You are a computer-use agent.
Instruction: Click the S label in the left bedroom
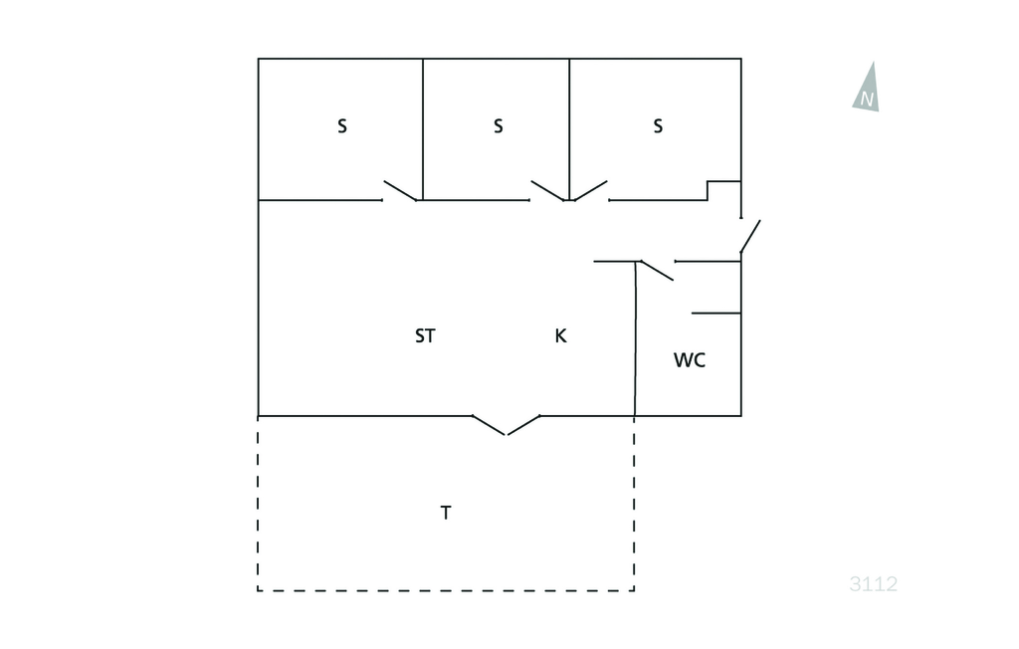(x=342, y=126)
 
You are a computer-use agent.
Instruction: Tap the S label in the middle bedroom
(x=499, y=126)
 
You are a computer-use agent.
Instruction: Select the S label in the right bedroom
(x=659, y=126)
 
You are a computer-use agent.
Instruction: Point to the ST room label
(x=425, y=336)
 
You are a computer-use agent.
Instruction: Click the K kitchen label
(x=561, y=336)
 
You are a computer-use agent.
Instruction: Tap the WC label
(x=690, y=360)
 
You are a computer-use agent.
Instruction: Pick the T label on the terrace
(x=446, y=513)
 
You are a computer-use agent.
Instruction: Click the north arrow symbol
(x=867, y=88)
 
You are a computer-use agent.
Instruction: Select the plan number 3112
(x=874, y=584)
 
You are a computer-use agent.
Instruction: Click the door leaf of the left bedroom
(x=400, y=191)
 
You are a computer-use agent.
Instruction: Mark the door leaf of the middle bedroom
(x=548, y=191)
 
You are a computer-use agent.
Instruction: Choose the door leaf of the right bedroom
(x=590, y=191)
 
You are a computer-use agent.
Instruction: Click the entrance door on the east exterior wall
(x=750, y=236)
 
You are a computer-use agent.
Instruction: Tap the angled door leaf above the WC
(x=657, y=271)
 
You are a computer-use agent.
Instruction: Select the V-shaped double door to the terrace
(x=507, y=425)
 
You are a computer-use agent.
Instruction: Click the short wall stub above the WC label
(x=716, y=314)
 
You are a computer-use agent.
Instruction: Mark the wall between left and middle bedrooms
(x=423, y=129)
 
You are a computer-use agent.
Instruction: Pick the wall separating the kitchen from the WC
(x=636, y=338)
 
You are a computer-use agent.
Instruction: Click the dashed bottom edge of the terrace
(x=446, y=590)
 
